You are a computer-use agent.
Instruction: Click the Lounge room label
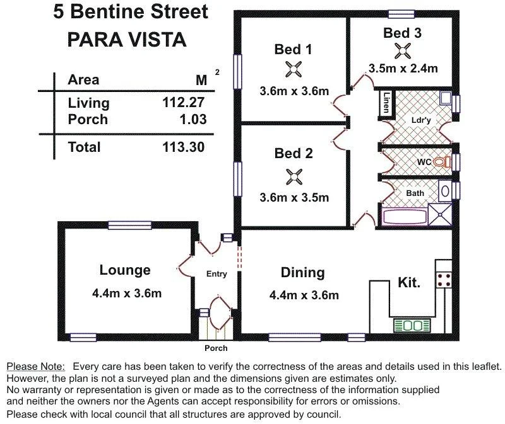125,270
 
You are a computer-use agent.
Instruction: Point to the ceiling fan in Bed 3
402,50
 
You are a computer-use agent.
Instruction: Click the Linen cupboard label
386,103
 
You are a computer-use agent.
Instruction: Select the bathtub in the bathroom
405,216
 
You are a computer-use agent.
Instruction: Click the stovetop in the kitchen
444,278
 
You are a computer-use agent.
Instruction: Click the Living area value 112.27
184,103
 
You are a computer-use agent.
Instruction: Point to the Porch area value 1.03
192,119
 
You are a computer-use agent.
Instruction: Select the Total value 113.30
184,147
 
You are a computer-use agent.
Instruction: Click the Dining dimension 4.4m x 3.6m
304,295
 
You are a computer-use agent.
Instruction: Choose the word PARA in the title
94,40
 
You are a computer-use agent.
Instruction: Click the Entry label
217,274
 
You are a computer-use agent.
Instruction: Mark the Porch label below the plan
216,348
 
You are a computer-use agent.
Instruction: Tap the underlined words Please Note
35,366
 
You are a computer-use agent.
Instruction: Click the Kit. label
409,283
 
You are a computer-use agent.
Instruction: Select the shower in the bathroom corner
441,214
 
